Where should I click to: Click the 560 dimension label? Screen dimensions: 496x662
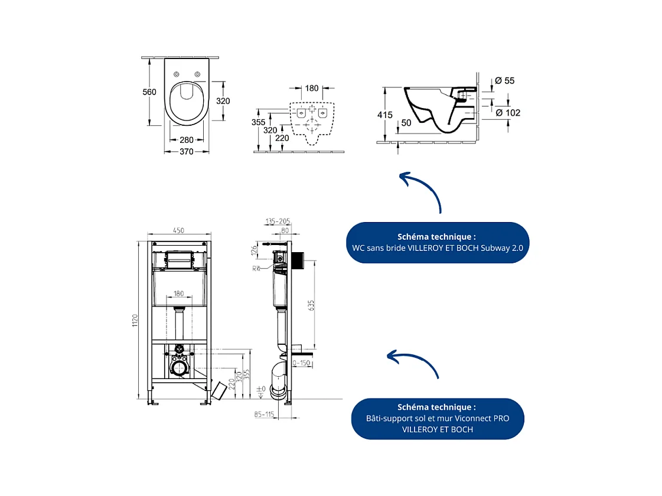(x=149, y=92)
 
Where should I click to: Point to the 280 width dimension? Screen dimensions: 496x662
(x=187, y=140)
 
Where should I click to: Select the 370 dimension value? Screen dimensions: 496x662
(x=187, y=152)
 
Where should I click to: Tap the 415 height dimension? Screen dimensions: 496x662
(x=385, y=115)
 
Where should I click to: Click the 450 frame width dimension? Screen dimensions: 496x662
(x=180, y=231)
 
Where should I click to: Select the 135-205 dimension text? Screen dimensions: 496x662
(x=278, y=222)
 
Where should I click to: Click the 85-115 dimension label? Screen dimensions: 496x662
(x=265, y=415)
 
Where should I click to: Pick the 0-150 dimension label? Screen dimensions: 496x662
(x=301, y=363)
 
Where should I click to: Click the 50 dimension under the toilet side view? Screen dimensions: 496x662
(x=406, y=123)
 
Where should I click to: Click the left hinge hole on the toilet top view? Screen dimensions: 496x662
(x=177, y=74)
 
